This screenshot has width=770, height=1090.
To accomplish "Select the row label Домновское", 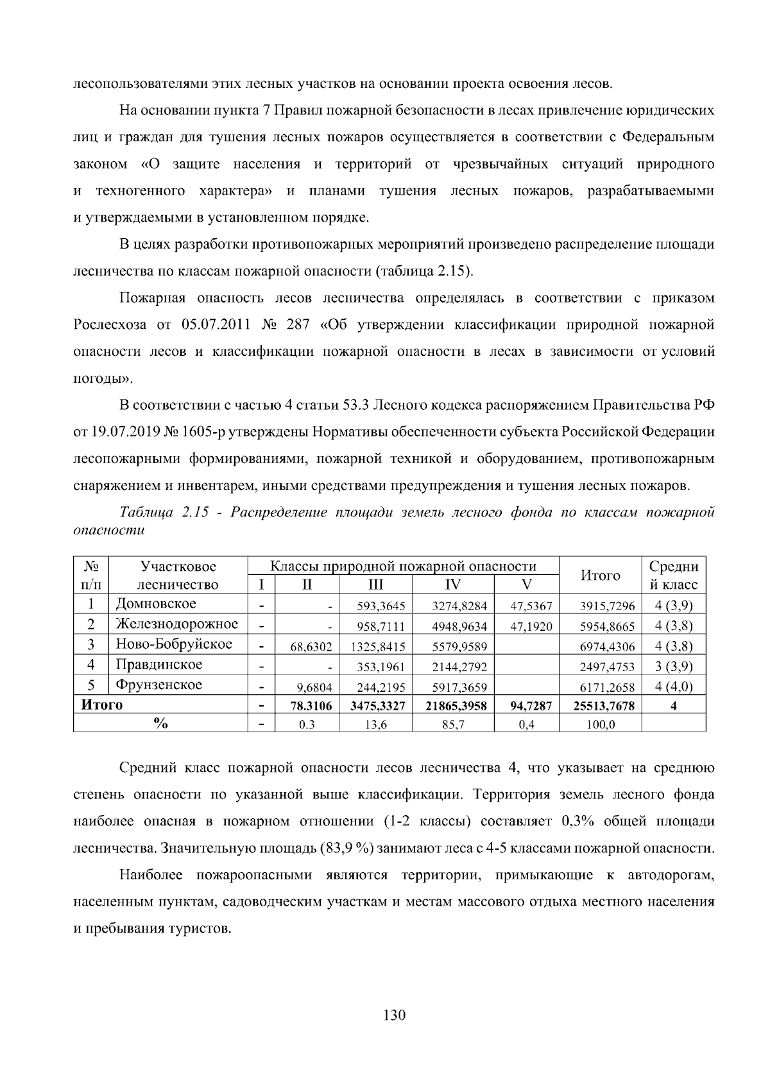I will tap(156, 604).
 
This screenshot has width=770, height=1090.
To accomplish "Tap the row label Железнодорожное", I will tap(176, 624).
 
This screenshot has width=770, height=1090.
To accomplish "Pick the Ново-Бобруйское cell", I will tap(174, 644).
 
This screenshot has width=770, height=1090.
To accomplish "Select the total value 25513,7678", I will tap(607, 707).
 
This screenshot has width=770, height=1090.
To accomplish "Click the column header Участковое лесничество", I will tap(178, 575).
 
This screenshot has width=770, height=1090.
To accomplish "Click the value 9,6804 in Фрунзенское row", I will tap(314, 687).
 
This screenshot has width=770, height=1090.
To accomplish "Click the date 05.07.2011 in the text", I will tap(216, 325).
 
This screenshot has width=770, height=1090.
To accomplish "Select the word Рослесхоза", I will tap(110, 325).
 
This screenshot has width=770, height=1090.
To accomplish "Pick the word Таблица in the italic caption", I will tap(146, 513).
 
